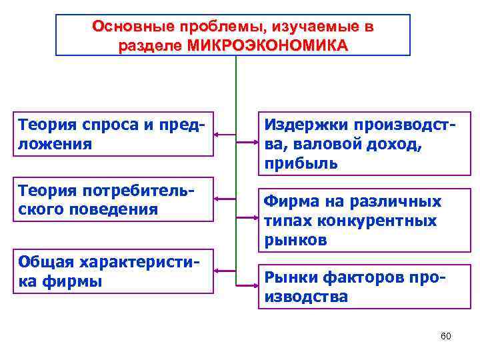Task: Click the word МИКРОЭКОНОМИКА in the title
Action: click(x=268, y=46)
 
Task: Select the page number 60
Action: click(x=446, y=335)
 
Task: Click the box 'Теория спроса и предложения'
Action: click(x=113, y=134)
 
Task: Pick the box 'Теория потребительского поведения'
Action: click(x=113, y=199)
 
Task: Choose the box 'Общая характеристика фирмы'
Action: click(x=113, y=271)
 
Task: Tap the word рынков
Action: click(x=295, y=240)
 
